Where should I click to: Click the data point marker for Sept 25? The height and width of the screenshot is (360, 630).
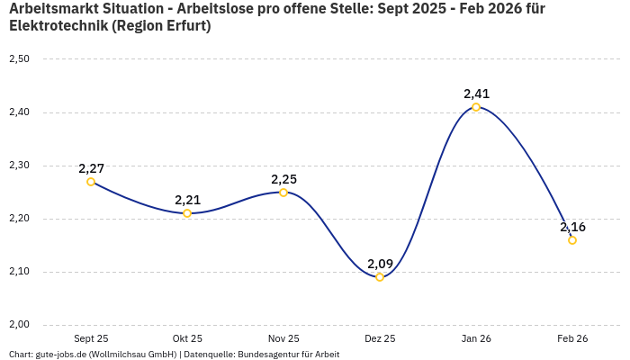coord(91,182)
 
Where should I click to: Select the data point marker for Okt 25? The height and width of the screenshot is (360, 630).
coord(187,213)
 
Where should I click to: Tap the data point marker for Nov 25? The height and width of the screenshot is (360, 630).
coord(283,193)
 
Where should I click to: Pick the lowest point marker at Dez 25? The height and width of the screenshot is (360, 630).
coord(380,277)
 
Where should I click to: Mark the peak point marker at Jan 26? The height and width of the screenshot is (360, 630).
coord(476,107)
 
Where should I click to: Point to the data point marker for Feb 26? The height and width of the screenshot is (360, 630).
coord(572,240)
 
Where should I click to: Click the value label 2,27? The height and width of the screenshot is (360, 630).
coord(91,168)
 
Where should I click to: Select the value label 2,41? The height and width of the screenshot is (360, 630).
coord(476,94)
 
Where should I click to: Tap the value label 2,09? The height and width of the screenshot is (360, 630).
coord(380,264)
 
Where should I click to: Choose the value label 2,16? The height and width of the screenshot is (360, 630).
coord(572,227)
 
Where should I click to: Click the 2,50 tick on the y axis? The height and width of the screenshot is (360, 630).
coord(19,59)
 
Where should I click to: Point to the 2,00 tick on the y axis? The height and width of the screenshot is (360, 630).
coord(19,325)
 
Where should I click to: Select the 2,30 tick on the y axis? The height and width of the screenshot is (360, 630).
coord(19,166)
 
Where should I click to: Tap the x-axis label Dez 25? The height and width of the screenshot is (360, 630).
coord(380,338)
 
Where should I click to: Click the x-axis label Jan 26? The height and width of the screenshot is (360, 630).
coord(476,338)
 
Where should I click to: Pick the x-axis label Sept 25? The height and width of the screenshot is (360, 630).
coord(91,338)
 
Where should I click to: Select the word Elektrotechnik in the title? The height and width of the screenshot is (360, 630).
coord(58,26)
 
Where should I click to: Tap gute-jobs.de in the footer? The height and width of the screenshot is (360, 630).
coord(60,355)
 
